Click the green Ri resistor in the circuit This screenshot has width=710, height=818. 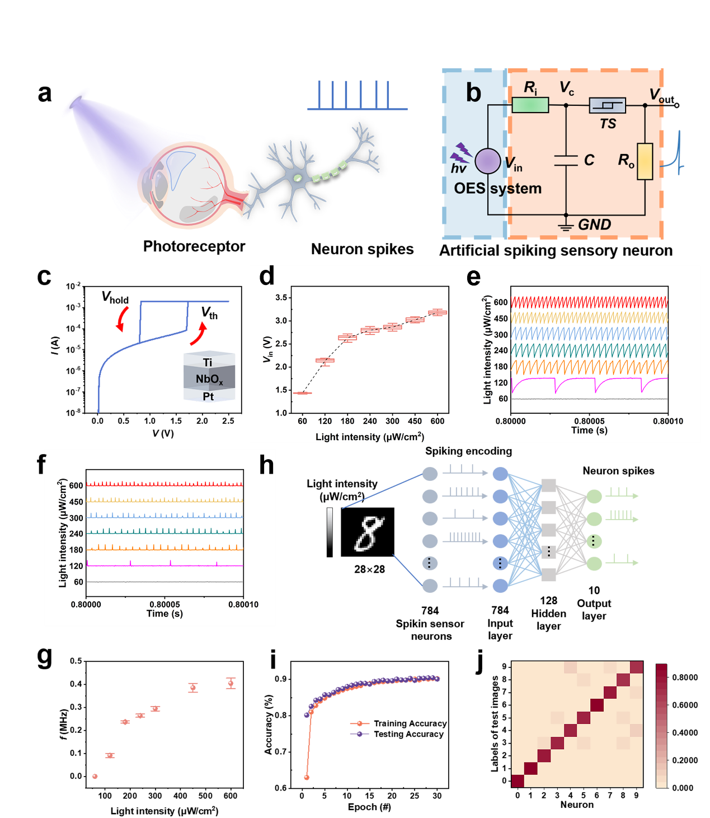pos(530,105)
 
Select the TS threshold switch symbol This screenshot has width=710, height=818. pos(607,105)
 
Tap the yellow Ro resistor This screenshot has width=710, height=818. pos(645,161)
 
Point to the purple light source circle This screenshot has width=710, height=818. pos(488,161)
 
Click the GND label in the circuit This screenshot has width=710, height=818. pos(594,225)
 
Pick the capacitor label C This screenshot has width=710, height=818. pos(589,161)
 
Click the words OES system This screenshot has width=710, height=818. pos(497,189)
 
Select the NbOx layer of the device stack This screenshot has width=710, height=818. pos(209,379)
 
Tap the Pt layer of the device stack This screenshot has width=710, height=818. pos(209,396)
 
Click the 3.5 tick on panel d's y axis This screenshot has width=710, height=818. pos(281,297)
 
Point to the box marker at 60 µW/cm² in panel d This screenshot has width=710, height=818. pos(302,393)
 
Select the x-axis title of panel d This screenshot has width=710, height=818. pos(370,437)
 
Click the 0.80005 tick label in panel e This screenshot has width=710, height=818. pos(589,421)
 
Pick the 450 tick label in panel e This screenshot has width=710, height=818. pos(501,319)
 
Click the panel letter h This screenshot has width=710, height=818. pos(267,466)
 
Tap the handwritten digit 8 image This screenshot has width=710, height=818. pos(369,534)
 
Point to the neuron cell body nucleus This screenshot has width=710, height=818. pos(298,178)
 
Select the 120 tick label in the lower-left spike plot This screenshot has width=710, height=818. pos(76,566)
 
